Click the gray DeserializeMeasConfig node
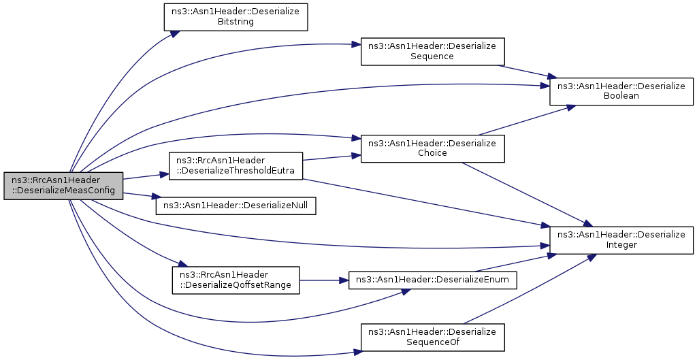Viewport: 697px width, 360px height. coord(63,186)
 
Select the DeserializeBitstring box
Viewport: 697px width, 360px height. coord(236,17)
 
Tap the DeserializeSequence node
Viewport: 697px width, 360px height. coord(432,52)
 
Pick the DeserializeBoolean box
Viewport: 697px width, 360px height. coord(621,92)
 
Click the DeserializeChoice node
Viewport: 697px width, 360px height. coord(432,148)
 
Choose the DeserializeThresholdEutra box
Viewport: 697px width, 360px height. coord(236,166)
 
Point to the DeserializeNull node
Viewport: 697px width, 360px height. coord(236,206)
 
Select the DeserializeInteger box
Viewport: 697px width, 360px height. coord(621,240)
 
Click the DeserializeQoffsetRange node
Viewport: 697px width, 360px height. coord(236,280)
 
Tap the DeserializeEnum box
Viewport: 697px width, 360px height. coord(432,280)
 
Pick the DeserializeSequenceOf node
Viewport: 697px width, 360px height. coord(432,338)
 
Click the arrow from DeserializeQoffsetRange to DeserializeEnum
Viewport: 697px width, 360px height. coord(324,280)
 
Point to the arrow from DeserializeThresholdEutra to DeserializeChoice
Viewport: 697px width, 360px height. coord(331,157)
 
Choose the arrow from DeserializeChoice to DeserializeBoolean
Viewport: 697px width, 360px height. coord(528,120)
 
